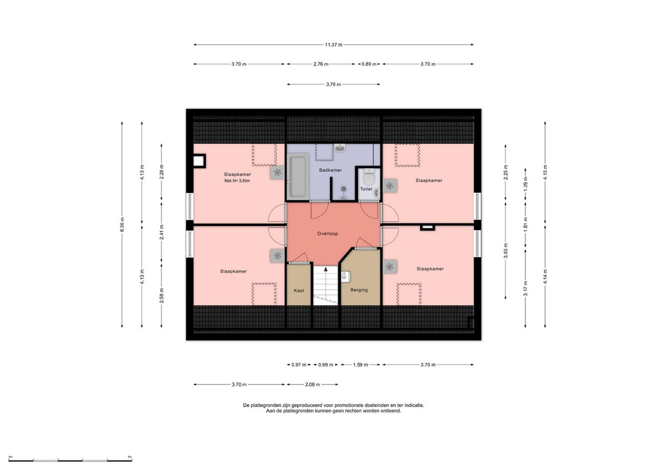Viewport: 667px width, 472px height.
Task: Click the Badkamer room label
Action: pyautogui.click(x=330, y=171)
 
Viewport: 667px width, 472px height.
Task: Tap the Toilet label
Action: pyautogui.click(x=366, y=189)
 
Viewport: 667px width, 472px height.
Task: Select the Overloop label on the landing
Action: pyautogui.click(x=327, y=234)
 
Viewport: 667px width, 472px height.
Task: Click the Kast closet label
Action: pyautogui.click(x=299, y=291)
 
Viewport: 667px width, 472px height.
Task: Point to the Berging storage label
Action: pyautogui.click(x=359, y=290)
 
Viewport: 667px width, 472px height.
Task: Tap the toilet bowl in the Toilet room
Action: pyautogui.click(x=369, y=175)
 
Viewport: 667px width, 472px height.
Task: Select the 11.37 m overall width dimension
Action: pyautogui.click(x=334, y=45)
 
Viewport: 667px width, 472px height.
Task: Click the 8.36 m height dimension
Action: pyautogui.click(x=122, y=224)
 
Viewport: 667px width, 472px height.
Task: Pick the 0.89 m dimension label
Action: pyautogui.click(x=369, y=64)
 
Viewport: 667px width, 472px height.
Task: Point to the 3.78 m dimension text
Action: pyautogui.click(x=334, y=84)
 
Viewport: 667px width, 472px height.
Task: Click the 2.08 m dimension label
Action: pyautogui.click(x=312, y=385)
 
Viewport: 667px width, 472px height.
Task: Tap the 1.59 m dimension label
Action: pyautogui.click(x=360, y=365)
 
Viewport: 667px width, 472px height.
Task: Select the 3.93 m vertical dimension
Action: pyautogui.click(x=506, y=251)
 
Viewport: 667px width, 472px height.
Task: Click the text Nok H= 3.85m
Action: pyautogui.click(x=237, y=181)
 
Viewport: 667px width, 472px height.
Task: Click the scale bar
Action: pyautogui.click(x=70, y=460)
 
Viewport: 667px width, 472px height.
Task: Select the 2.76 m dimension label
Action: pyautogui.click(x=321, y=64)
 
